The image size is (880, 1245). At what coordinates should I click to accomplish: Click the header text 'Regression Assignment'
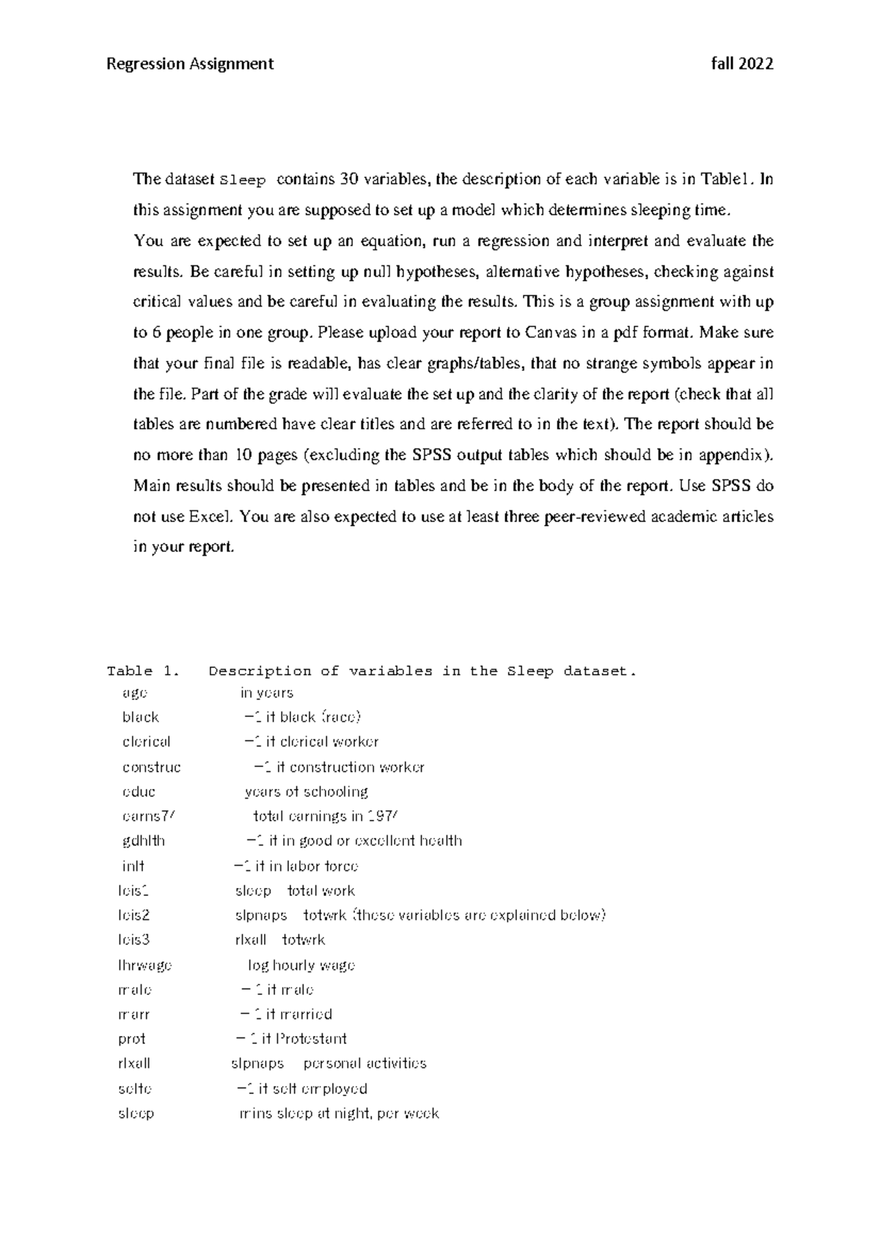[x=190, y=64]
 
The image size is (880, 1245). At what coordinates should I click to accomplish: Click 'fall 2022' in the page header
[x=742, y=64]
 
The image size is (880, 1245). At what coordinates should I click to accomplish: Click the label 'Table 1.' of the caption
[x=143, y=671]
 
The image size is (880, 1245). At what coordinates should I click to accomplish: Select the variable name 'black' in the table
[x=141, y=717]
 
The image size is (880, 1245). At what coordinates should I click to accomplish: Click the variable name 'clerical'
[x=147, y=741]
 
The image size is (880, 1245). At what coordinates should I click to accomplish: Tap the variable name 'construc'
[x=152, y=767]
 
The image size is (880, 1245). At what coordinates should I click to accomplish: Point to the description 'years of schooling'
[x=306, y=792]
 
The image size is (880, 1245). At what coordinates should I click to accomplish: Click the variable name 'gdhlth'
[x=144, y=841]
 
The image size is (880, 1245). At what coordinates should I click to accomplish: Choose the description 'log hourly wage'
[x=301, y=965]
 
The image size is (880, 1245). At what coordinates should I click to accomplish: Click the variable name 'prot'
[x=132, y=1039]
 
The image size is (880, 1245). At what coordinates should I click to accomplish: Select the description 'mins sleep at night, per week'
[x=339, y=1113]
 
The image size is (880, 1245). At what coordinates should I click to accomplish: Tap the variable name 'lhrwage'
[x=144, y=965]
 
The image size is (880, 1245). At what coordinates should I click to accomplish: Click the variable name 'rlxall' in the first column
[x=134, y=1063]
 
